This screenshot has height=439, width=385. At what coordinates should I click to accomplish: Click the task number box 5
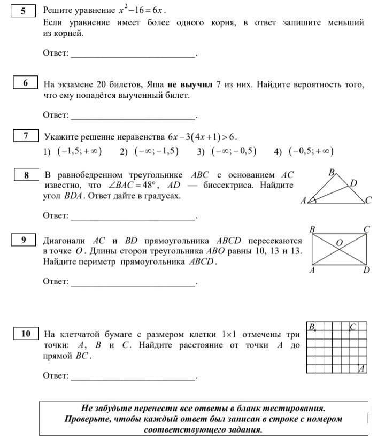[23, 10]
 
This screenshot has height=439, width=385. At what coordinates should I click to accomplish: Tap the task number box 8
[26, 174]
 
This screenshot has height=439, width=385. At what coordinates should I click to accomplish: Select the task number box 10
[26, 334]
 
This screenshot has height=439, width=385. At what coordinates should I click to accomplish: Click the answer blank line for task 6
[134, 116]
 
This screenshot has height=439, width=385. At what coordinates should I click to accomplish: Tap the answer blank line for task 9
[134, 282]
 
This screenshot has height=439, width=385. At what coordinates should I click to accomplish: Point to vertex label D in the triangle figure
[353, 183]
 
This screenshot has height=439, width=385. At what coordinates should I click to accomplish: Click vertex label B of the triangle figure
[331, 172]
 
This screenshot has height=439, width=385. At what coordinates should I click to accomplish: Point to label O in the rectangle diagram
[339, 243]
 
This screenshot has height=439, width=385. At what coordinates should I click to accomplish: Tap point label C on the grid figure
[353, 327]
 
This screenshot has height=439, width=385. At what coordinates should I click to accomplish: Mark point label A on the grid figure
[362, 368]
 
